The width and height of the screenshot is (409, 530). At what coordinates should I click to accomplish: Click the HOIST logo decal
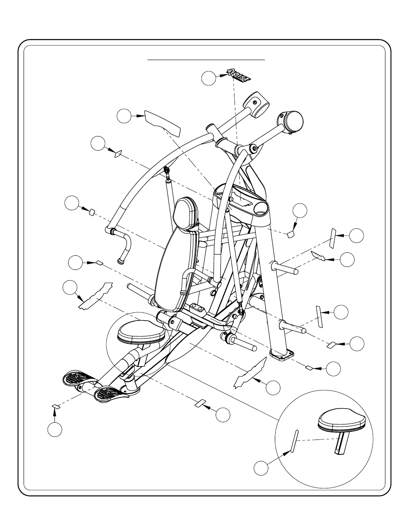coord(238,75)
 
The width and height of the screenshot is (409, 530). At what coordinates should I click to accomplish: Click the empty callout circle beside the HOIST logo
coord(209,78)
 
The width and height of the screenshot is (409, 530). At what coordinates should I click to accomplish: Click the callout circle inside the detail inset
coord(261,468)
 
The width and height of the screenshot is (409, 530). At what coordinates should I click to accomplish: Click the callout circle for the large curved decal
coord(124,116)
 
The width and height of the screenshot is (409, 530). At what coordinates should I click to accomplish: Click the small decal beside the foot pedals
coord(56,406)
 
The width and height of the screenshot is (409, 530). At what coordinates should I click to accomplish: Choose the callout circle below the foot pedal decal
coord(55,429)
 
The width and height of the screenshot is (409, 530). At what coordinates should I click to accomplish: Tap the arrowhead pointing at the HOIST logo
coord(223,76)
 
